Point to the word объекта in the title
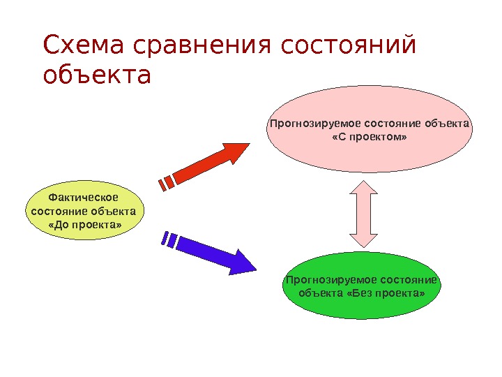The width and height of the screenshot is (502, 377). pos(96,75)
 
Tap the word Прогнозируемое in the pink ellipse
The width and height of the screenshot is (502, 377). pos(303,124)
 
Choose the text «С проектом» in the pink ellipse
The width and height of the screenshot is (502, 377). pos(370,138)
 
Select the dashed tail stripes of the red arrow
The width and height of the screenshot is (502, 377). pos(166,183)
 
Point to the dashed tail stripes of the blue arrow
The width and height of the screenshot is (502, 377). pos(168,240)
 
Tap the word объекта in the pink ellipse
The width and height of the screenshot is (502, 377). pos(449,124)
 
